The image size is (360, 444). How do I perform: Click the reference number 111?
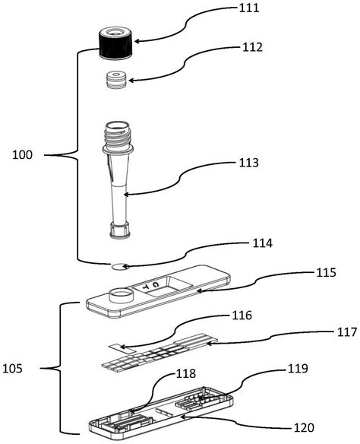pos(249,8)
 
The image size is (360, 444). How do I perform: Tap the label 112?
pos(253,47)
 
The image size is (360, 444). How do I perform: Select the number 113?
pos(248,163)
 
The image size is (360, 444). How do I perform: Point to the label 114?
pos(263,243)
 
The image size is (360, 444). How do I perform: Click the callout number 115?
pos(326,272)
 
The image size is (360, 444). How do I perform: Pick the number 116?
pos(242,316)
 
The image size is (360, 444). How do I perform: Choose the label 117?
pos(347,332)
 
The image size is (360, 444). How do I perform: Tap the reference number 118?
pos(186,374)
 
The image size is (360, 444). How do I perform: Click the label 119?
pos(298,369)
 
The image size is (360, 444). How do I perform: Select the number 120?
pos(304,427)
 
